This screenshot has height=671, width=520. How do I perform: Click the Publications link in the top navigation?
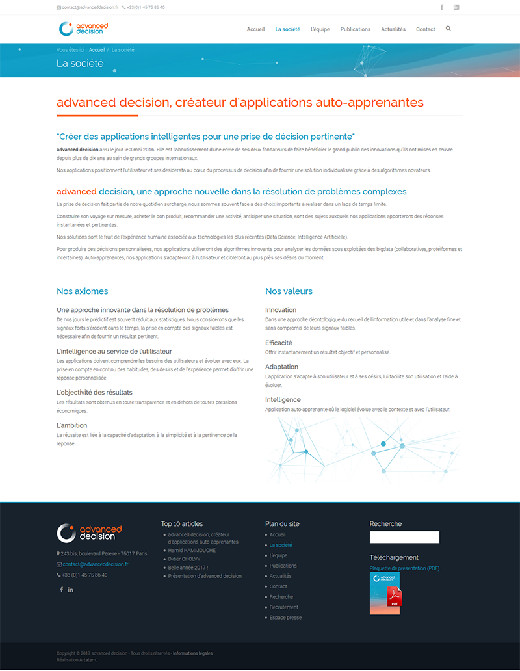(355, 29)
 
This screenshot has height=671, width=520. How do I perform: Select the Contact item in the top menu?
(425, 29)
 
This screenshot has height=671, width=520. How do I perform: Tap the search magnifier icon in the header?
(448, 29)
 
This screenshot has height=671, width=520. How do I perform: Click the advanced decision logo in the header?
(83, 29)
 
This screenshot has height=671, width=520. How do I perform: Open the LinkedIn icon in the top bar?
(456, 7)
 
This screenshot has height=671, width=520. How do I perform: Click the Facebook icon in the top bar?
(442, 7)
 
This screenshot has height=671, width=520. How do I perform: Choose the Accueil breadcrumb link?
(97, 50)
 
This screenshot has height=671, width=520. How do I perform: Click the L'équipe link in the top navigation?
(320, 29)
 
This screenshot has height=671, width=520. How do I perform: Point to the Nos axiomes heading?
(83, 291)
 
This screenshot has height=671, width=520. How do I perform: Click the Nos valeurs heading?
(289, 291)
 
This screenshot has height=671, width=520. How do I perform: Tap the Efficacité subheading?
(279, 343)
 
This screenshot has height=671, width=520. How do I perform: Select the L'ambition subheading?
(72, 425)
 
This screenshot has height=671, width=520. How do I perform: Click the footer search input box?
(404, 537)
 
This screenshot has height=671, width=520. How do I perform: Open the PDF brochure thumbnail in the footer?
(385, 594)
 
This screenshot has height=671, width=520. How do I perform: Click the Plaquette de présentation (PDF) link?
(404, 568)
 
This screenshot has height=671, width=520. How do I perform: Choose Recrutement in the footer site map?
(284, 607)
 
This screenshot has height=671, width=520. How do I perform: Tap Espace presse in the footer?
(285, 618)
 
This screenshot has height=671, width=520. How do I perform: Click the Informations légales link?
(192, 653)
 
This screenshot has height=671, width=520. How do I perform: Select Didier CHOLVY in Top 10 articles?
(184, 559)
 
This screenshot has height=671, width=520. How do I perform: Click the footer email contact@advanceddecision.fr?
(96, 564)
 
